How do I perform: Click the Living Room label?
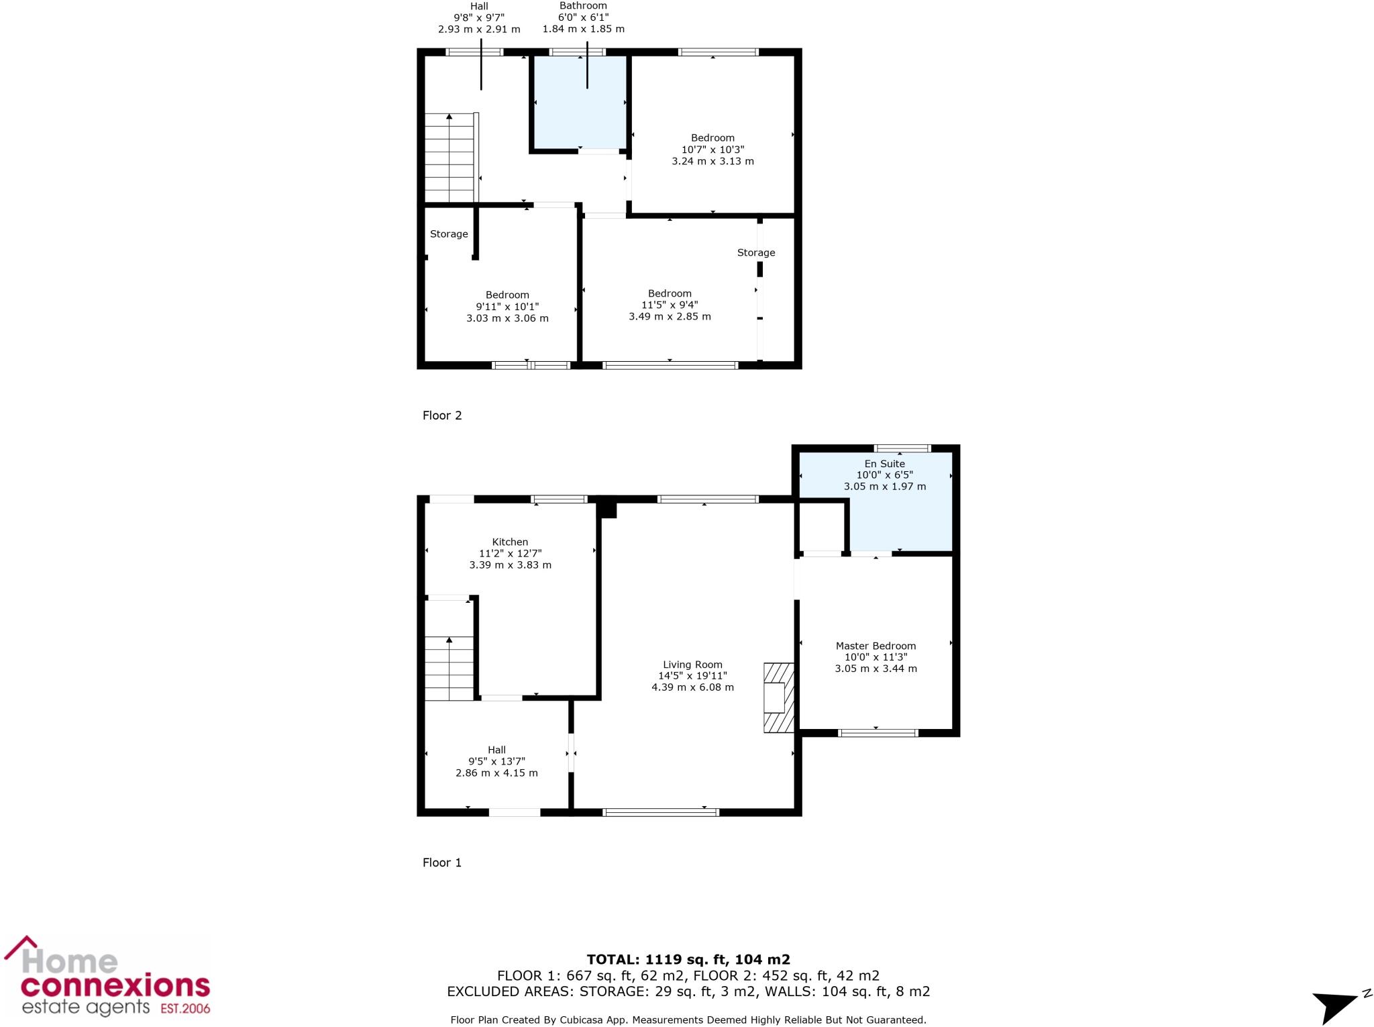click(x=692, y=665)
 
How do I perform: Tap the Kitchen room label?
click(x=510, y=542)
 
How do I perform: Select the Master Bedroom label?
click(x=876, y=646)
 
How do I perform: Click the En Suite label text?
click(x=884, y=464)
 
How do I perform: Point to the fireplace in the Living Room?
click(x=778, y=697)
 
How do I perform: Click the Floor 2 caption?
click(x=442, y=415)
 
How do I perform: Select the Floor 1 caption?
click(x=442, y=863)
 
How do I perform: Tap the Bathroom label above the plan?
click(x=583, y=6)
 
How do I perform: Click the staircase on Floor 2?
click(x=450, y=158)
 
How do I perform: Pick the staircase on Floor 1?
click(x=450, y=667)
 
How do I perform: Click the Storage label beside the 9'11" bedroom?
click(x=449, y=234)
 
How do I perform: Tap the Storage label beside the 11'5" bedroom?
click(x=756, y=252)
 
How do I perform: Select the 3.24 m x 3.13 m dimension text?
click(x=712, y=161)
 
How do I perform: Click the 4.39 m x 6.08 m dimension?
click(x=692, y=687)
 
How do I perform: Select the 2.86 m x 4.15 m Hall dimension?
click(x=496, y=773)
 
